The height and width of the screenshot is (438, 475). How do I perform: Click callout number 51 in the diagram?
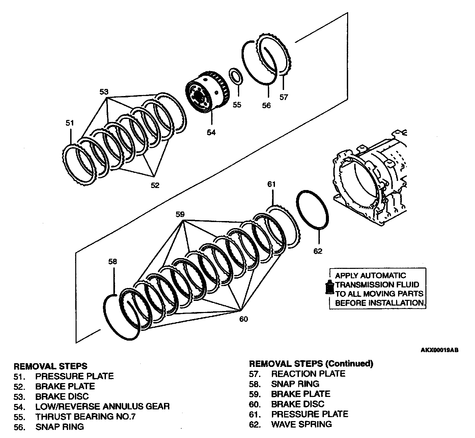(x=69, y=123)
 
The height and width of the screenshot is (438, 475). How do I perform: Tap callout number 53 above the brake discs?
(x=104, y=92)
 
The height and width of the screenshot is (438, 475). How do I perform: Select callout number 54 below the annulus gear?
(x=211, y=132)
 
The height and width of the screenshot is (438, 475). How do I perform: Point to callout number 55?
(x=237, y=105)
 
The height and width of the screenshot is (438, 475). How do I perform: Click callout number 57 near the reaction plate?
(x=284, y=97)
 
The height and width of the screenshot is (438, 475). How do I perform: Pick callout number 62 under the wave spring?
(x=318, y=251)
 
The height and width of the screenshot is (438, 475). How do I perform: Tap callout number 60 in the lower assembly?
(x=244, y=319)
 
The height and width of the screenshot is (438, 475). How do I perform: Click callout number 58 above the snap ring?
(x=113, y=262)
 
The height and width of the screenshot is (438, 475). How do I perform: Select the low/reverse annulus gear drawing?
(x=207, y=92)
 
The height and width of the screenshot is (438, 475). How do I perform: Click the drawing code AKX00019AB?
(x=440, y=350)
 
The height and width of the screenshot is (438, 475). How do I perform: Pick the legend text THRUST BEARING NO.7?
(x=85, y=416)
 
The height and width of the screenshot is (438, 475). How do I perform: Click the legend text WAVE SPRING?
(x=301, y=424)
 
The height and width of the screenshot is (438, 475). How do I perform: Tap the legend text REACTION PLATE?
(x=308, y=374)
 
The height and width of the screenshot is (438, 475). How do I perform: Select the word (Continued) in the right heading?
(x=349, y=364)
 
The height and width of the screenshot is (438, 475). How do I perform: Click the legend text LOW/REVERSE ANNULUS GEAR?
(x=102, y=406)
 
